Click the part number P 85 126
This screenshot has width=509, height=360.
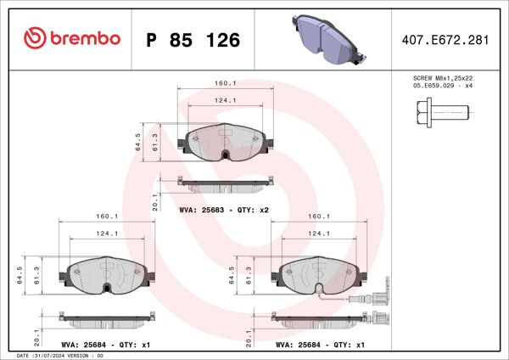pos(193,40)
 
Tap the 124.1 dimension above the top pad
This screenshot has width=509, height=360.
pos(225,100)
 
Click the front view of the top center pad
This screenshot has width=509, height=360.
pos(225,143)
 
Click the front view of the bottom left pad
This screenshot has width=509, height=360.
pos(106,275)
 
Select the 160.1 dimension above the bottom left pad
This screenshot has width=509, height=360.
pos(106,217)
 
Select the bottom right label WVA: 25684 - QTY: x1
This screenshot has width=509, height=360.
pos(318,346)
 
